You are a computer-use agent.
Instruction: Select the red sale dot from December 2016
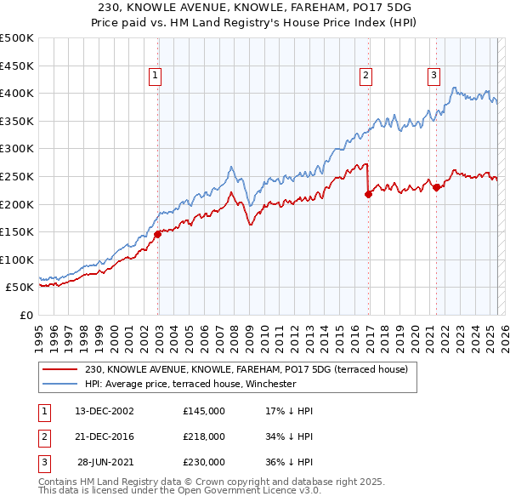368,194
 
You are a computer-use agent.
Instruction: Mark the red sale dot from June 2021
436,187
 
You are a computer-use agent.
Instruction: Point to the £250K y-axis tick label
18,176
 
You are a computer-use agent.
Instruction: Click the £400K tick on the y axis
18,93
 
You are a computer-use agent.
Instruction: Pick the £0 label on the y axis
26,315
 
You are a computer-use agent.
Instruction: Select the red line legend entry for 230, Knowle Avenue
246,369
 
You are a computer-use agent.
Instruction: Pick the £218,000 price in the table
204,436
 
